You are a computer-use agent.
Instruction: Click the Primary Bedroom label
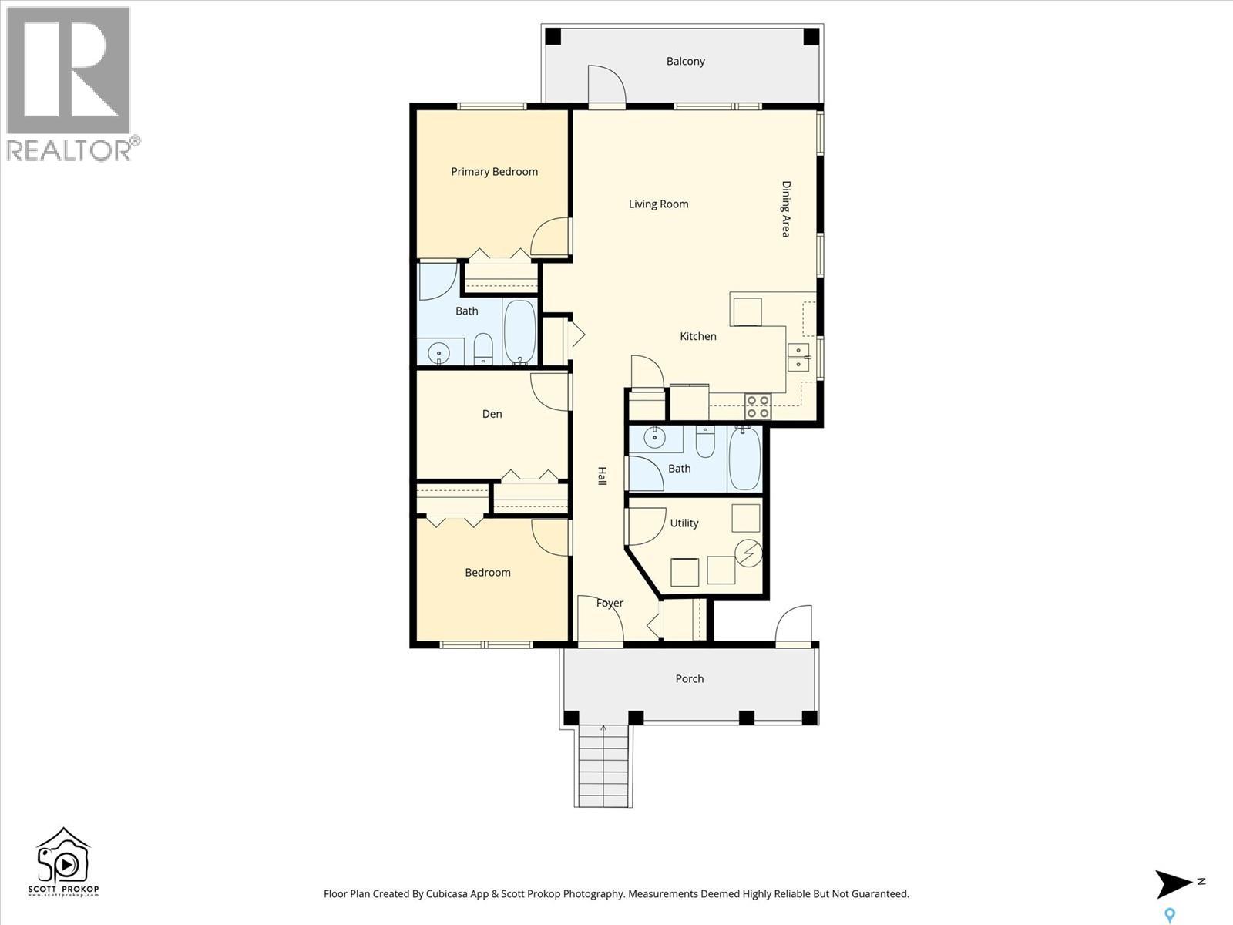tap(494, 172)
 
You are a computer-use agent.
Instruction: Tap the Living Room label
tap(658, 204)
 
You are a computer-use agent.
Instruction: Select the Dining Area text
tap(786, 209)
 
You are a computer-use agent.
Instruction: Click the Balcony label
tap(685, 62)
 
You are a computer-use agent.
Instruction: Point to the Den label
tap(492, 414)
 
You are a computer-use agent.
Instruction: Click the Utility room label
tap(684, 523)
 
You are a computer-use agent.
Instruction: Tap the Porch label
tap(689, 679)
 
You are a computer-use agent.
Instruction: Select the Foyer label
tap(610, 604)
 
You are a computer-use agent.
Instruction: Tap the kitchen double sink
tap(798, 358)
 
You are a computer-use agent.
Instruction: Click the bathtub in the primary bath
tap(520, 332)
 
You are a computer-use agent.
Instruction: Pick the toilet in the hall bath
tap(705, 442)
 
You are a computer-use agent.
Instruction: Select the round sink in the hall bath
tap(654, 439)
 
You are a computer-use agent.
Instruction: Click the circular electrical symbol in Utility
tap(748, 553)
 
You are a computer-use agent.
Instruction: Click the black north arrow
tap(1173, 883)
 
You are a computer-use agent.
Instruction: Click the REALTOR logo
tap(71, 83)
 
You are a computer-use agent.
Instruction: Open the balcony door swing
tap(606, 84)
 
